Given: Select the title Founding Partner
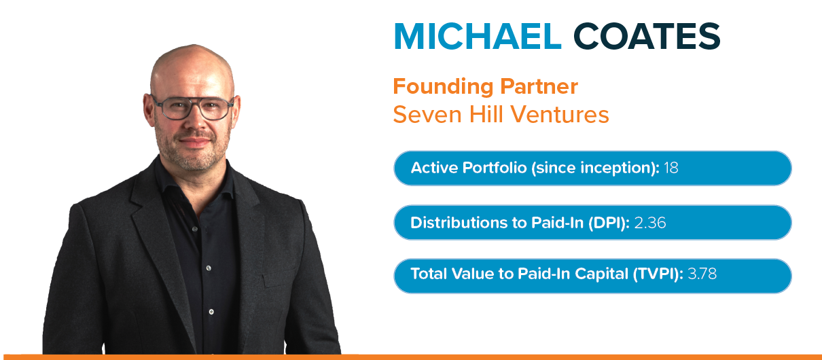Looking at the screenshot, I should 485,87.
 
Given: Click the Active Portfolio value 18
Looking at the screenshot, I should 671,168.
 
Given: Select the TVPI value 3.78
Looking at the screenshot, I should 702,275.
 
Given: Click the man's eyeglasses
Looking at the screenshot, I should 192,107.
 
